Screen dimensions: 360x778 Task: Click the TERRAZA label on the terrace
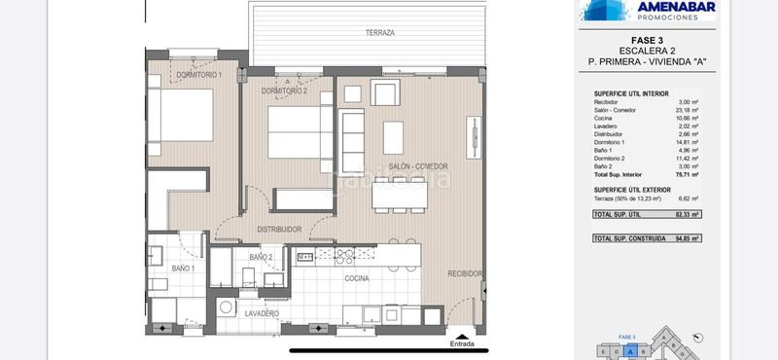pos(380,33)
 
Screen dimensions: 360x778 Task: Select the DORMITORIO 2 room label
pos(284,90)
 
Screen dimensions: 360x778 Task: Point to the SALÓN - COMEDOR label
pos(419,167)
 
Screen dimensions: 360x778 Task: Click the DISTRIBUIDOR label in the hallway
pos(279,230)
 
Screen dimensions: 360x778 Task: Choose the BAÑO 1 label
pos(184,268)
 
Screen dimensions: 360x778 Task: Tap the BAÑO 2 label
pos(261,257)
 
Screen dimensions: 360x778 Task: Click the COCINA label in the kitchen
pos(356,278)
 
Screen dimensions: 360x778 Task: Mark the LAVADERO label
pos(263,313)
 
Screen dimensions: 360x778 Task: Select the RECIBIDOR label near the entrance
pos(465,274)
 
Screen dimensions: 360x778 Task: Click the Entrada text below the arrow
pos(463,344)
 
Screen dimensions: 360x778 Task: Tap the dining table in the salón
pos(399,196)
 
